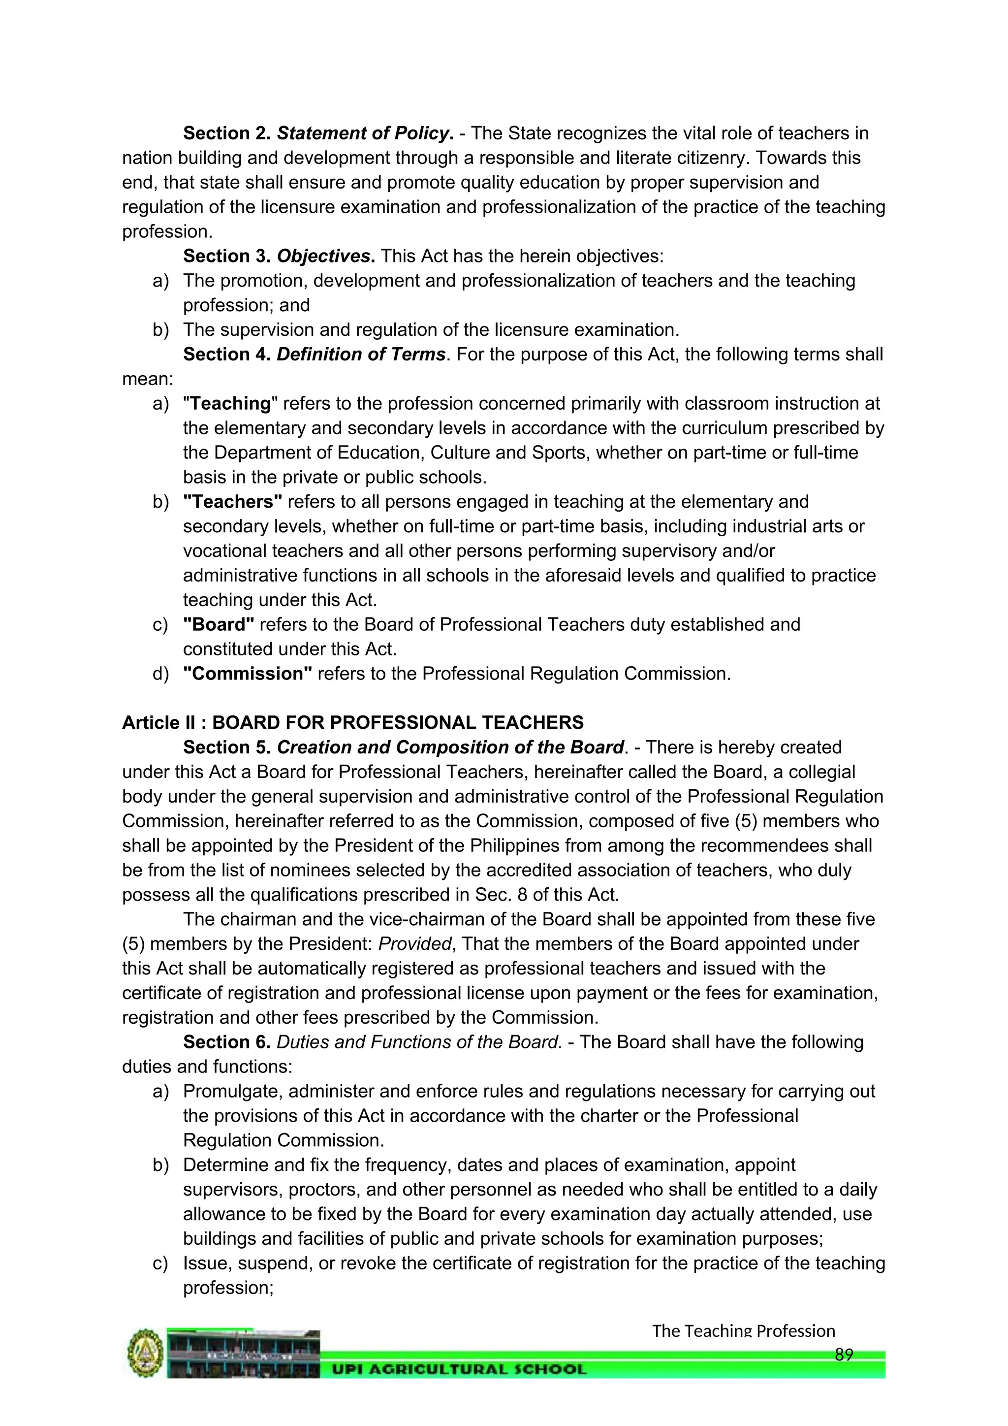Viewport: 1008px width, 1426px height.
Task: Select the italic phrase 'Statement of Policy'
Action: point(362,133)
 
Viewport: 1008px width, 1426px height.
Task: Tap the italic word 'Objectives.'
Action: point(325,256)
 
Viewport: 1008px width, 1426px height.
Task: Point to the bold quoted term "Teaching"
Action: point(230,404)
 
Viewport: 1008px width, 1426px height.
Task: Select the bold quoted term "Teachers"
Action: point(233,502)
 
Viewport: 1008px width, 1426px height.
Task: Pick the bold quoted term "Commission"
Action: point(248,674)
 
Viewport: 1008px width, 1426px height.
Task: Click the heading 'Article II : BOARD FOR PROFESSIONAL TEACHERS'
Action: point(352,722)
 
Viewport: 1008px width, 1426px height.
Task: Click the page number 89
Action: point(844,1355)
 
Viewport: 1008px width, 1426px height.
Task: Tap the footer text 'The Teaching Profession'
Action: point(743,1331)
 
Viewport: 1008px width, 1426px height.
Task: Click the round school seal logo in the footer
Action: point(145,1354)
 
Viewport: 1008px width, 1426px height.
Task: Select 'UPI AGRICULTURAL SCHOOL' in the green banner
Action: point(459,1369)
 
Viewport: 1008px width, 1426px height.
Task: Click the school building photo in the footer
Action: point(243,1354)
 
